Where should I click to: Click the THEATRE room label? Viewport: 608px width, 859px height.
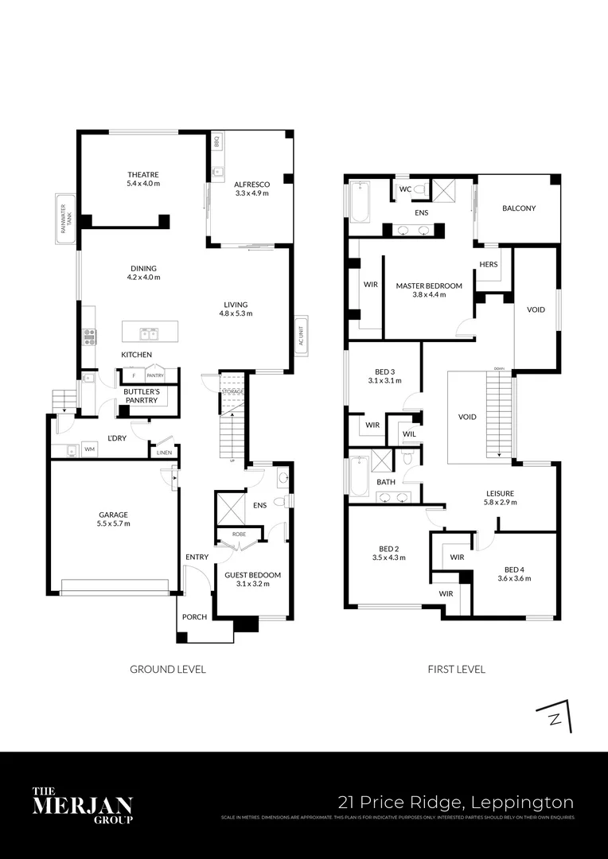point(144,175)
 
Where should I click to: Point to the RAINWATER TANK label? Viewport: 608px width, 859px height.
point(64,214)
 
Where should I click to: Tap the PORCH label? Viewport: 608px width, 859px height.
point(195,617)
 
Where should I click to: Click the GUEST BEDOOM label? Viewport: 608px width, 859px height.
point(252,575)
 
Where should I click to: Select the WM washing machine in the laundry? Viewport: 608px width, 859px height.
point(88,450)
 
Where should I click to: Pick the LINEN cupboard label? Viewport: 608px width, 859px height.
point(164,453)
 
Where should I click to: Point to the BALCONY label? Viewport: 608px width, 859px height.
point(519,208)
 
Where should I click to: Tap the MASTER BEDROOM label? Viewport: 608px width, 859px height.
point(429,286)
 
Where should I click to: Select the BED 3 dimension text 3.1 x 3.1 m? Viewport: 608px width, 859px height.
point(384,381)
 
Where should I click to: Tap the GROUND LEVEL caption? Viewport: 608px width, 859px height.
point(168,670)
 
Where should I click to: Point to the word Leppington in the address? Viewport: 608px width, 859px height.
point(525,802)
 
